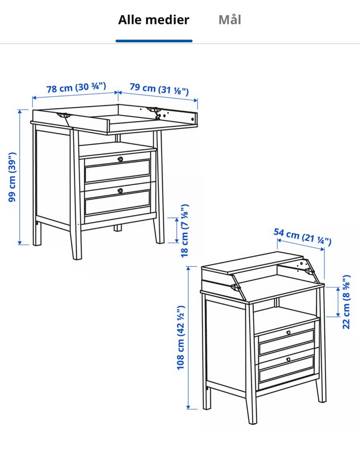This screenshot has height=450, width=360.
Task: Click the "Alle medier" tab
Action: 154,20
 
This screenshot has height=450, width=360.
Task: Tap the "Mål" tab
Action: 230,19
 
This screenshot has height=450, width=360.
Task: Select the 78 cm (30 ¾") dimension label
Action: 76,88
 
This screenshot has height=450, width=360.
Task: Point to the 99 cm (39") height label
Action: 12,177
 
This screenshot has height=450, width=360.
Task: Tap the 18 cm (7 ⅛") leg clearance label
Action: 184,231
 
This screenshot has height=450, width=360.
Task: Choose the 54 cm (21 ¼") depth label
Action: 303,237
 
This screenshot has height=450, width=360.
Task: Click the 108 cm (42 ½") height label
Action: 181,338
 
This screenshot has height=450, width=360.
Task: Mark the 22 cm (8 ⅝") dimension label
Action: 346,302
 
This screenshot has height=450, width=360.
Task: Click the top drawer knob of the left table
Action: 120,159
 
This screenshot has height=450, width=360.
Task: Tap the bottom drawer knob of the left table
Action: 120,190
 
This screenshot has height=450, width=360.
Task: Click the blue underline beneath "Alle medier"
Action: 154,41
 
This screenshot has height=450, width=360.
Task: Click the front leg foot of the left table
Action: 76,258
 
